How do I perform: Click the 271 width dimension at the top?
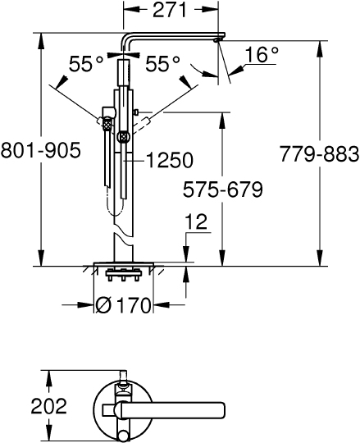point(171,11)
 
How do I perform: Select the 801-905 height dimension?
point(41,150)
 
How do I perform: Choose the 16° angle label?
point(262,54)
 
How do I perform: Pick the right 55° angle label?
point(162,65)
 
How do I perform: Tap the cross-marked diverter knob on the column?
point(124,136)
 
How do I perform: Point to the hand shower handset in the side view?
point(107,156)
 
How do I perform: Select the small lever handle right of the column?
point(140,112)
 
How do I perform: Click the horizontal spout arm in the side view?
point(172,38)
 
